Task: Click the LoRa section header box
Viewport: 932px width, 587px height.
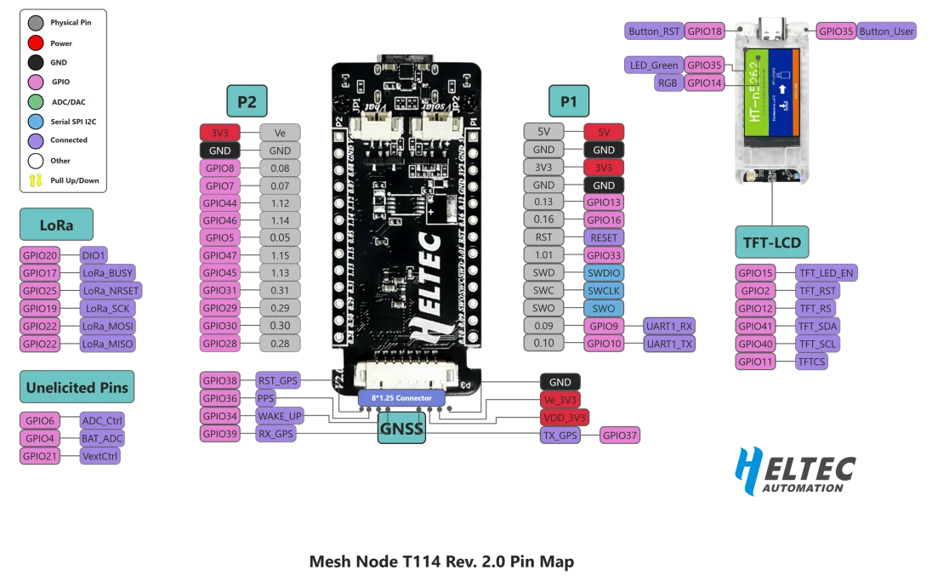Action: [x=56, y=225]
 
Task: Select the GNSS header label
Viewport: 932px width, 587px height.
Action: [x=401, y=429]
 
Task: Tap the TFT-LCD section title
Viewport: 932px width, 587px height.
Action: [x=772, y=243]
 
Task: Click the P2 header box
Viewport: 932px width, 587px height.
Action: [x=247, y=102]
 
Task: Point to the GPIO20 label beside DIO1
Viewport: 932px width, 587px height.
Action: [x=40, y=255]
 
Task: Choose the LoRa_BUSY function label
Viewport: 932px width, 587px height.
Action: [x=107, y=273]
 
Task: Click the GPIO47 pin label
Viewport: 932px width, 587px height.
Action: [x=220, y=255]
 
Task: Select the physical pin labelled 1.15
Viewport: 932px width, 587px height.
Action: [x=280, y=255]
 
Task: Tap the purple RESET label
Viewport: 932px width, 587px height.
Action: [x=604, y=237]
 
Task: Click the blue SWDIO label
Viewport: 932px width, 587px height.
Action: [x=604, y=273]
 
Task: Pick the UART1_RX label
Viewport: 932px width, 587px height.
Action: [x=669, y=326]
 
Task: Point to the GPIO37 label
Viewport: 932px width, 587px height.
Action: [x=621, y=436]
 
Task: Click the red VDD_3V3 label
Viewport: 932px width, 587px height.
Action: [x=565, y=418]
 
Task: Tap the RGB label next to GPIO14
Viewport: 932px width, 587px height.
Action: [x=667, y=83]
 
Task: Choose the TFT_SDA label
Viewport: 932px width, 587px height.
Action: [x=817, y=326]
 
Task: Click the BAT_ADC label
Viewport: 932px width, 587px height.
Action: [x=102, y=438]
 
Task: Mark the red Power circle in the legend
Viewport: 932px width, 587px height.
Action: [x=36, y=43]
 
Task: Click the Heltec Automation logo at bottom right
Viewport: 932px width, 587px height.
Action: [x=795, y=470]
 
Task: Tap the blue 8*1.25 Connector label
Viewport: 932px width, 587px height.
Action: [x=401, y=397]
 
